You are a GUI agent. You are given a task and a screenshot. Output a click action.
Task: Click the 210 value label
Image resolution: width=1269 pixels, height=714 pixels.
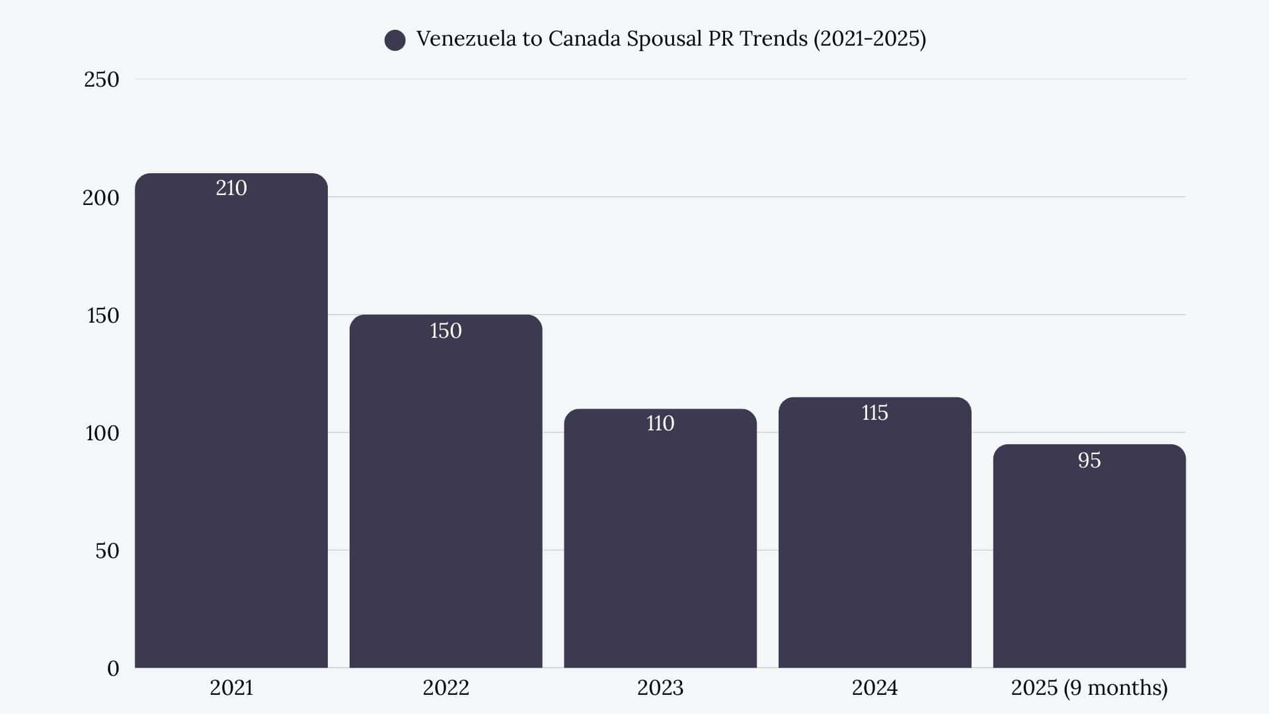(231, 188)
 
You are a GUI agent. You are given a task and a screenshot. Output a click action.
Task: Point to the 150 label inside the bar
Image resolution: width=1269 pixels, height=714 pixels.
(445, 331)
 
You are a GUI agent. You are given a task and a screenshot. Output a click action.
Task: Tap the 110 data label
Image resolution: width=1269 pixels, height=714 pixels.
(660, 423)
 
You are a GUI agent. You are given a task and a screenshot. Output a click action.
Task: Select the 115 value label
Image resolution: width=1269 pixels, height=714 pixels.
(874, 413)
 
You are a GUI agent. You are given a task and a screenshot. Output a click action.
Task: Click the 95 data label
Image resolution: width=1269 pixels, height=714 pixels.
(1089, 460)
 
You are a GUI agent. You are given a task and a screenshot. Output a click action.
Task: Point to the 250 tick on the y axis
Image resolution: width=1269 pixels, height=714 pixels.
(101, 79)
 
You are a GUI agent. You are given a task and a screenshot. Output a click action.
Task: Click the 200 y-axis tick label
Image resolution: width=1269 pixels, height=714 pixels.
(101, 198)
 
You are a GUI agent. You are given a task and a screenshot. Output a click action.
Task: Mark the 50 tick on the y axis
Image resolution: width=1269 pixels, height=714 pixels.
(107, 551)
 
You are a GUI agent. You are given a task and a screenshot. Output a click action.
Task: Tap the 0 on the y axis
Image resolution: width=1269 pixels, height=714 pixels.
(113, 668)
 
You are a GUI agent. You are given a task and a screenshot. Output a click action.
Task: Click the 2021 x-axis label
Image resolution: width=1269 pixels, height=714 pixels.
(231, 688)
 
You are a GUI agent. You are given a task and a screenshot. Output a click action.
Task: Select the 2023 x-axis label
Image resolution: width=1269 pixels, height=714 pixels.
(660, 688)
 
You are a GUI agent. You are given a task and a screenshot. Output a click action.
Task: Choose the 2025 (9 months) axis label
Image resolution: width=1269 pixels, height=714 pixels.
(1089, 688)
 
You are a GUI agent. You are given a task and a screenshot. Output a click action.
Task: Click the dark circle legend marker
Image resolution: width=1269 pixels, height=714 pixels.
(395, 40)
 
